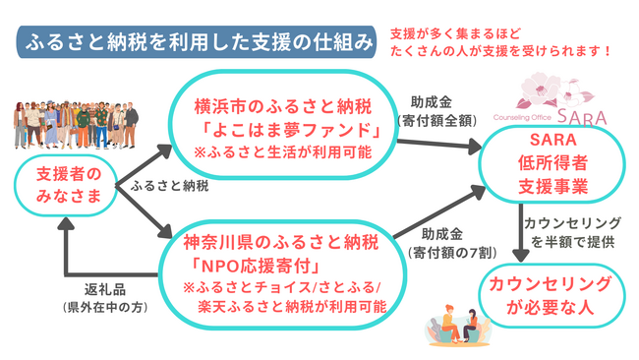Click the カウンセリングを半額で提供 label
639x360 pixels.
571,231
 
